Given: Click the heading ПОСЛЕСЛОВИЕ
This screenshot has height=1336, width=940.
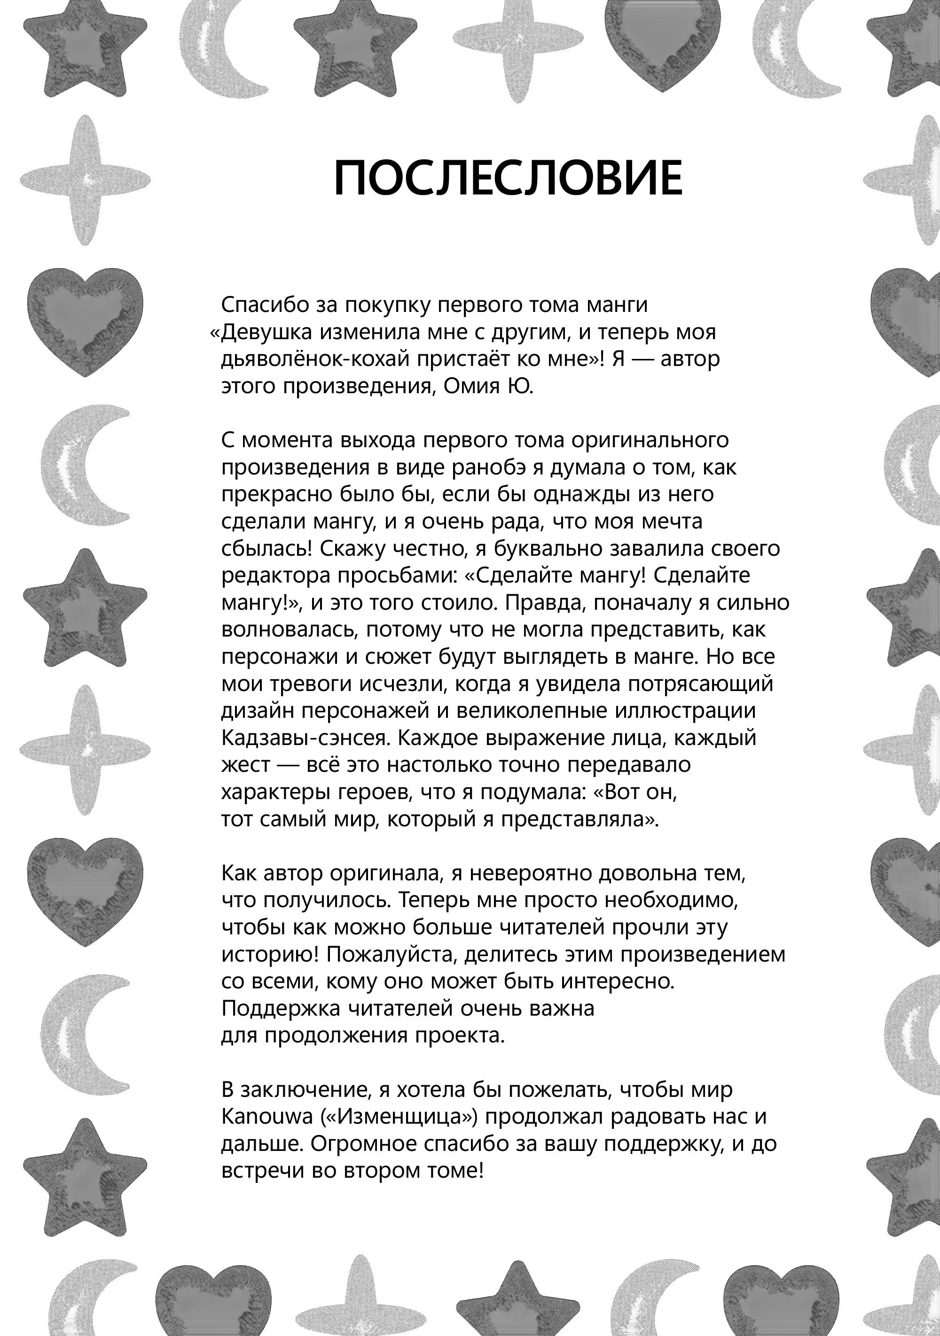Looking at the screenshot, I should point(508,178).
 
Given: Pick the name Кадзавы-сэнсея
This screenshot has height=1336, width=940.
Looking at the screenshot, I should point(304,738).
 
